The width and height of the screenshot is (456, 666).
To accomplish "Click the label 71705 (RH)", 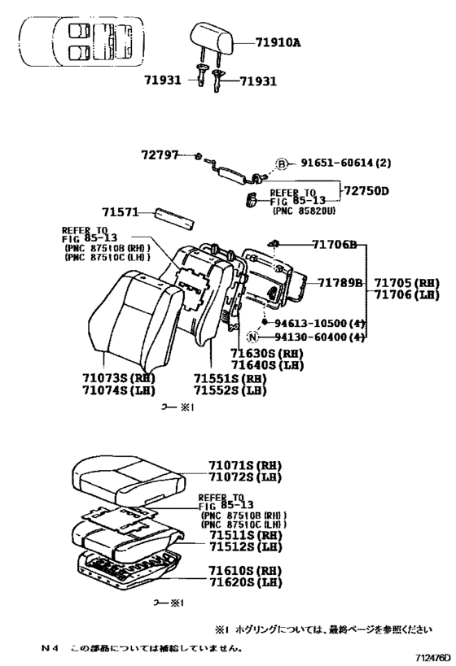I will point(407,283).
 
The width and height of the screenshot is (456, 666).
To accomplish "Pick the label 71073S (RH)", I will point(118,378).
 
